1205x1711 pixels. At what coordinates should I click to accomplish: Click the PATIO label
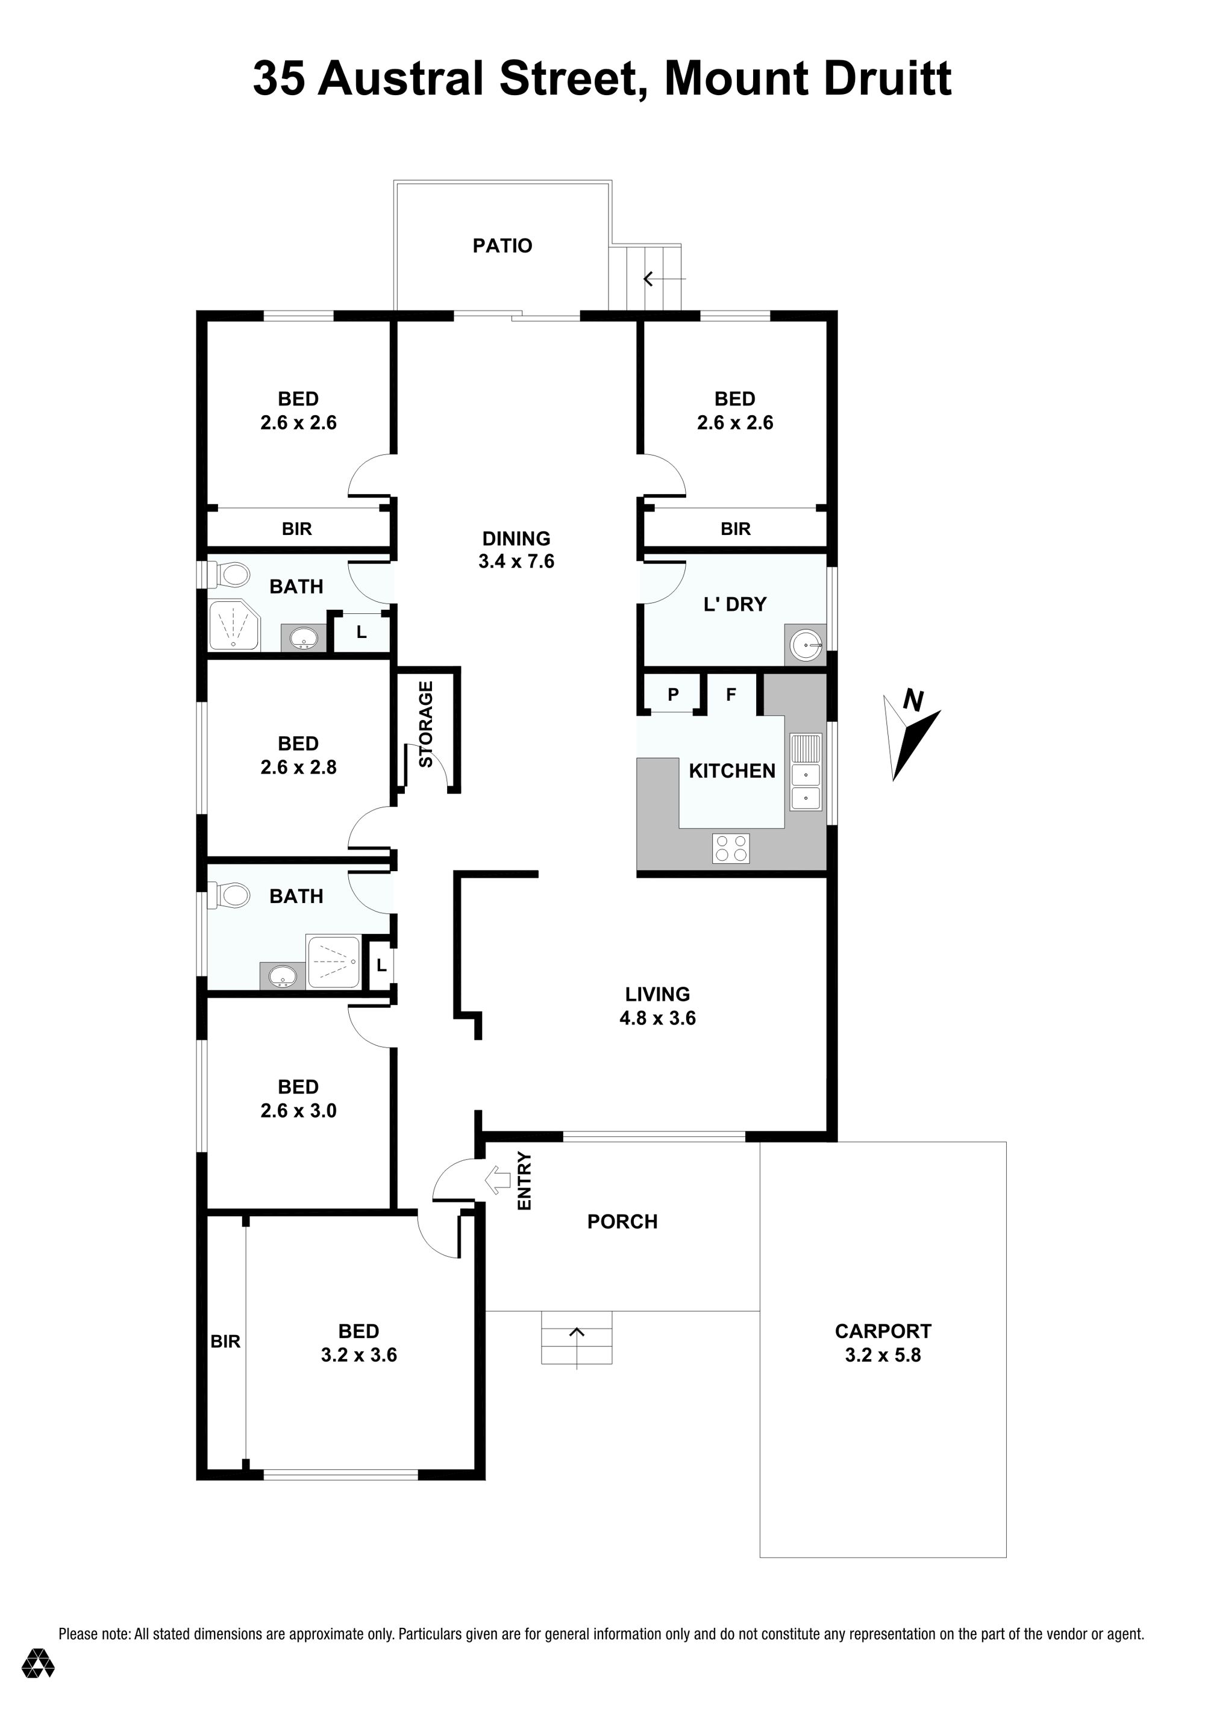pos(502,246)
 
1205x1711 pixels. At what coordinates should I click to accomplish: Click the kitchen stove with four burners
pos(731,848)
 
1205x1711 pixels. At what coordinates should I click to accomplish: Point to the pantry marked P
pos(673,695)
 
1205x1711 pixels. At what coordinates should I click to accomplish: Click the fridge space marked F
pos(731,695)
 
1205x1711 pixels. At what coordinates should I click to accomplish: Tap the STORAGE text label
pos(425,724)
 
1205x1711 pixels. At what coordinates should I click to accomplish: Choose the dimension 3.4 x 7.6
pos(516,561)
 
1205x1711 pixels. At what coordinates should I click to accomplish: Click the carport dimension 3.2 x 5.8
pos(883,1355)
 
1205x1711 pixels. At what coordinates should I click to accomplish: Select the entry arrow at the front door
pos(497,1180)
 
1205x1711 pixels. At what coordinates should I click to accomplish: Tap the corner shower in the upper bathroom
pos(233,625)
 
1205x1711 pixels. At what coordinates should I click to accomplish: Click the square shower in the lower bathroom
pos(334,962)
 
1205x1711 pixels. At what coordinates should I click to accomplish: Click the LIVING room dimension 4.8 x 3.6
pos(657,1018)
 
